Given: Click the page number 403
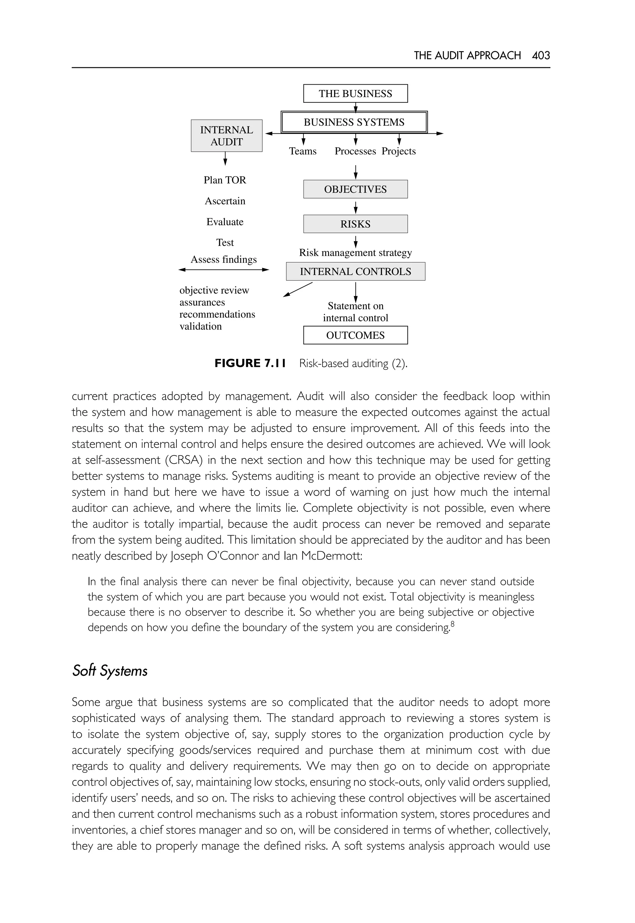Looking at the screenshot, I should pyautogui.click(x=541, y=55).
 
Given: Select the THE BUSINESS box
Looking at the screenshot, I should pyautogui.click(x=355, y=94).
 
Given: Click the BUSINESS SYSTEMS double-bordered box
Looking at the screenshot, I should pyautogui.click(x=354, y=122).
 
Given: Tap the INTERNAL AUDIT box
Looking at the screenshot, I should pyautogui.click(x=226, y=136).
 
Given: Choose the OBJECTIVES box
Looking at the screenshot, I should pyautogui.click(x=355, y=190).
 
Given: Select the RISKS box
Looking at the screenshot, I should pyautogui.click(x=355, y=224).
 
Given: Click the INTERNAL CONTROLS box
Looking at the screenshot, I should pyautogui.click(x=355, y=271).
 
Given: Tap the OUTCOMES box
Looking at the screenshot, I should pyautogui.click(x=355, y=335).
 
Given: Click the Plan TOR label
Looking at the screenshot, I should pyautogui.click(x=225, y=180).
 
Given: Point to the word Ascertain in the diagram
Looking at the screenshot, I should pyautogui.click(x=225, y=201).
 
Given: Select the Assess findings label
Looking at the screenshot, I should pyautogui.click(x=224, y=260).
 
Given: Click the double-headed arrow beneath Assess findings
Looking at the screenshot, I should pyautogui.click(x=224, y=270).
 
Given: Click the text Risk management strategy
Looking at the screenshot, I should pyautogui.click(x=355, y=253).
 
